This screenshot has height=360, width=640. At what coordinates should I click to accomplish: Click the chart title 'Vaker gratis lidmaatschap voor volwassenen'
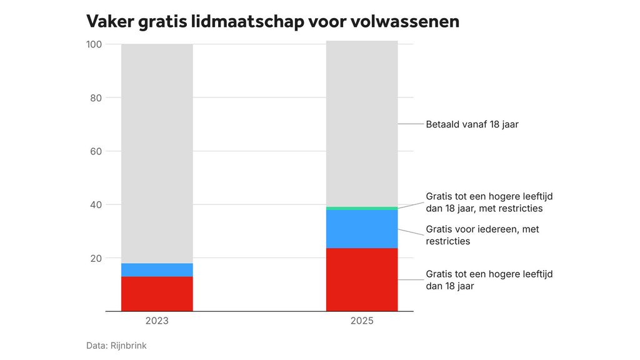coord(272,21)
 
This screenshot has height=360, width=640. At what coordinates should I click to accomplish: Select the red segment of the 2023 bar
coord(157,294)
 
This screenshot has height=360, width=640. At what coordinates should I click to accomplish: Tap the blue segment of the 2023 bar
coord(157,270)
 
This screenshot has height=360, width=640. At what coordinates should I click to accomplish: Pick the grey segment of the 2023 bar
coord(157,153)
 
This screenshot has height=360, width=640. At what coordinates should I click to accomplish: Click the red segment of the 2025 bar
coord(362,279)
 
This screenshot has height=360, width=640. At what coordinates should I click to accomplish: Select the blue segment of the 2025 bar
coord(362,229)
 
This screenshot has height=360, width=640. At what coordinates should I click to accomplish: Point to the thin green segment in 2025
coord(362,208)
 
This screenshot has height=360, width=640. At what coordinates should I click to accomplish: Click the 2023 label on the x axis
coord(157,321)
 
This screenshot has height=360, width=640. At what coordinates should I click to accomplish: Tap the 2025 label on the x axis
coord(362,321)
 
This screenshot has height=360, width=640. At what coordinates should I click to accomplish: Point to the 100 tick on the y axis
coord(94,44)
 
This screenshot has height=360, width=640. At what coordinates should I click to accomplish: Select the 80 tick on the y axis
coord(96,97)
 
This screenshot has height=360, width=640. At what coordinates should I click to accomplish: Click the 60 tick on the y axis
coord(96,151)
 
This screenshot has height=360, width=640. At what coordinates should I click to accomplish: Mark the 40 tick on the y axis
coord(96,204)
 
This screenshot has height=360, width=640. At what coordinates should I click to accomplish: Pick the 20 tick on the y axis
coord(96,258)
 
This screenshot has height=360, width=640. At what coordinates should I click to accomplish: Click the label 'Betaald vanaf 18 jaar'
coord(472,124)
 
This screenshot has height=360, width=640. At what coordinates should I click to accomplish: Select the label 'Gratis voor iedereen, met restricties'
coord(482,235)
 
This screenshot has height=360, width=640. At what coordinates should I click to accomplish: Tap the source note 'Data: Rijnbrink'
coord(116,345)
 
